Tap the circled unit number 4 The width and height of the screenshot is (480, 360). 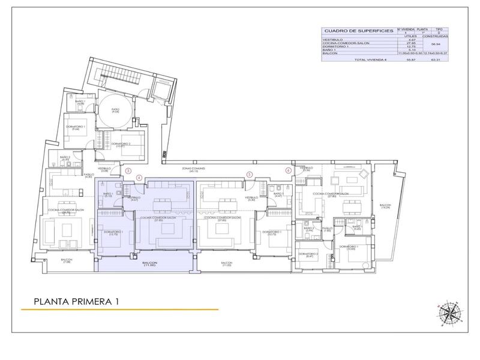(139, 177)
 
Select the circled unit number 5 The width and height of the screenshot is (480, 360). (249, 175)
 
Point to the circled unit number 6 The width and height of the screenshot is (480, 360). (288, 170)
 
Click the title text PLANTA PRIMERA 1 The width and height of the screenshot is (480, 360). (75, 301)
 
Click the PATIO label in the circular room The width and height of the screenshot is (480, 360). (115, 110)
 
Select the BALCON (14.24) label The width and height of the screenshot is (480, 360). (384, 208)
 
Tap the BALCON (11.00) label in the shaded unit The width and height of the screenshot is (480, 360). (149, 264)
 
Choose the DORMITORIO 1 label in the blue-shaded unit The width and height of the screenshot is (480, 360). (113, 233)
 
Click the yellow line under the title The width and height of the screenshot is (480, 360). (120, 310)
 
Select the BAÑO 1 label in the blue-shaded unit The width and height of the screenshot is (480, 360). (109, 195)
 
